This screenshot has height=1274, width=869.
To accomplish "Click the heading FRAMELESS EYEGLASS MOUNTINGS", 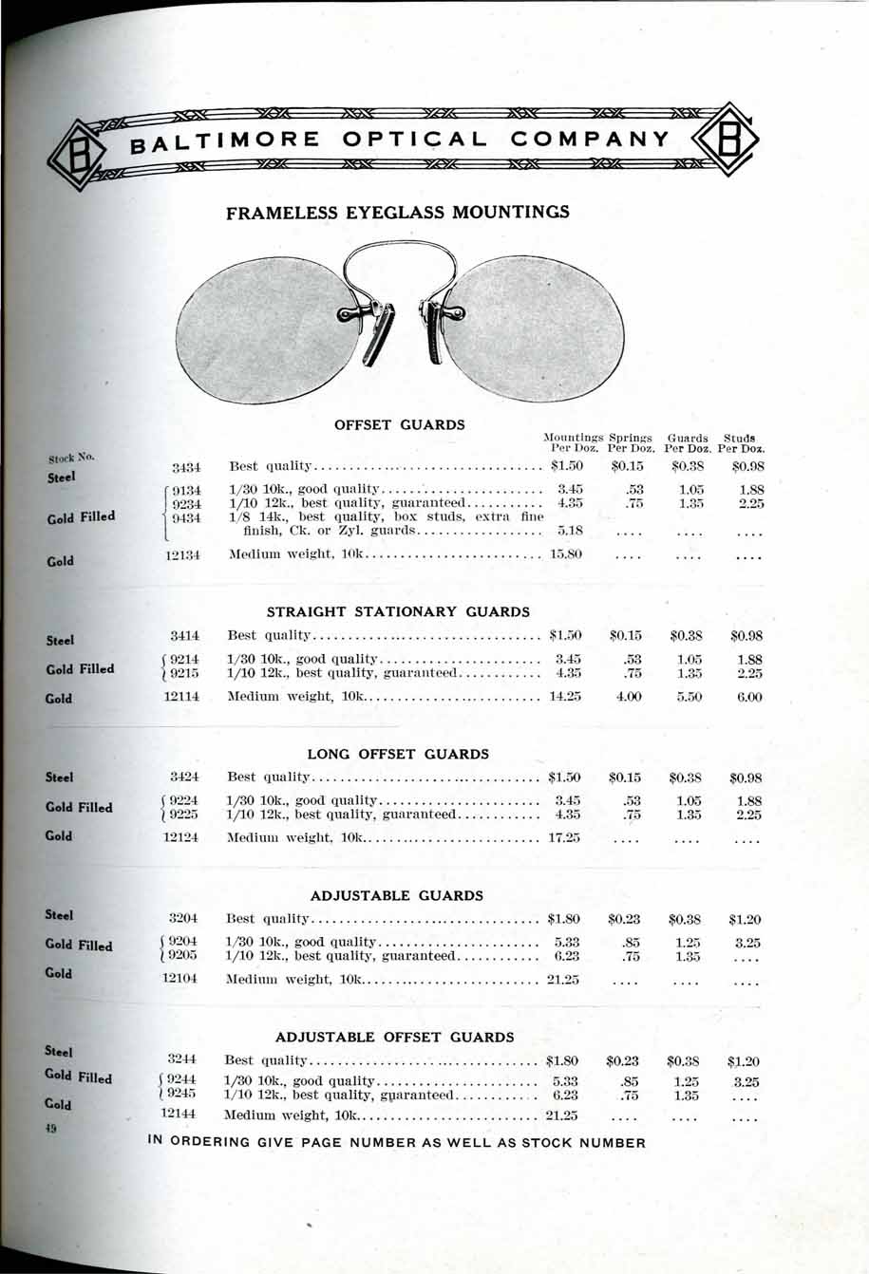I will click(x=398, y=213).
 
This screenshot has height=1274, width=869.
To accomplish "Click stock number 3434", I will click(x=184, y=467).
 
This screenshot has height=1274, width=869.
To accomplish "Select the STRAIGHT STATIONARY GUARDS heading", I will click(x=398, y=611).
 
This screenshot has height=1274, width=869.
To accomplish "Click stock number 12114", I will click(x=180, y=697).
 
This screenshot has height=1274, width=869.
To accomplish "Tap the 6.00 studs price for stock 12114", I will click(x=746, y=697).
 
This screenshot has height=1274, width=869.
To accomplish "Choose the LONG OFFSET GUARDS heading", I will click(x=398, y=755).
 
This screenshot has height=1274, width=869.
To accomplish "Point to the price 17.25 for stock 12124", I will click(x=564, y=838).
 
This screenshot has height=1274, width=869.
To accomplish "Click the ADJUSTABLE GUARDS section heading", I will click(x=397, y=895).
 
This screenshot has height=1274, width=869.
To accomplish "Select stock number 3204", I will click(x=181, y=919).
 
